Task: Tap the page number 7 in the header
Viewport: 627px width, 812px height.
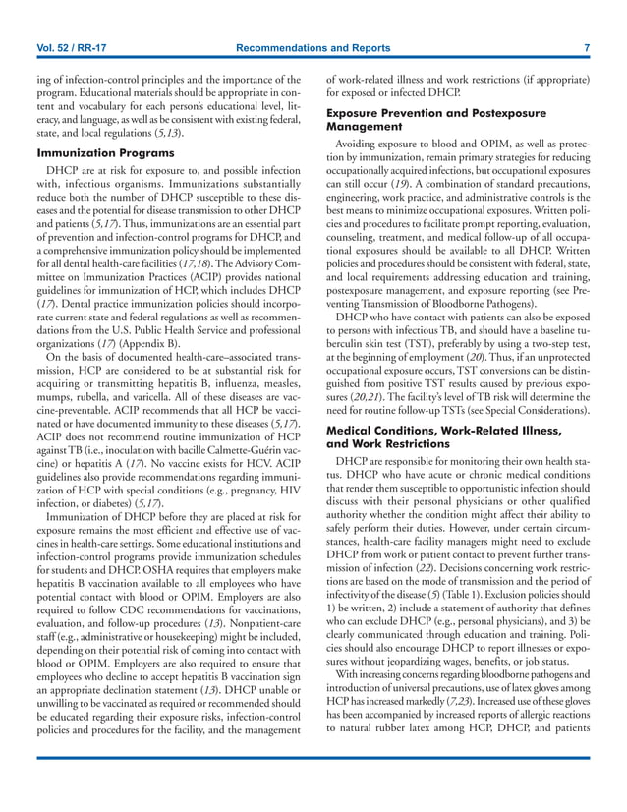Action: pos(586,49)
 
